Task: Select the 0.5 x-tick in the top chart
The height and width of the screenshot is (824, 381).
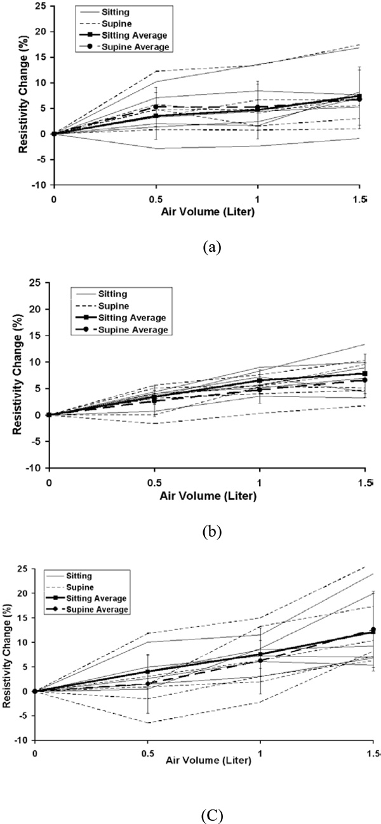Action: (154, 197)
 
